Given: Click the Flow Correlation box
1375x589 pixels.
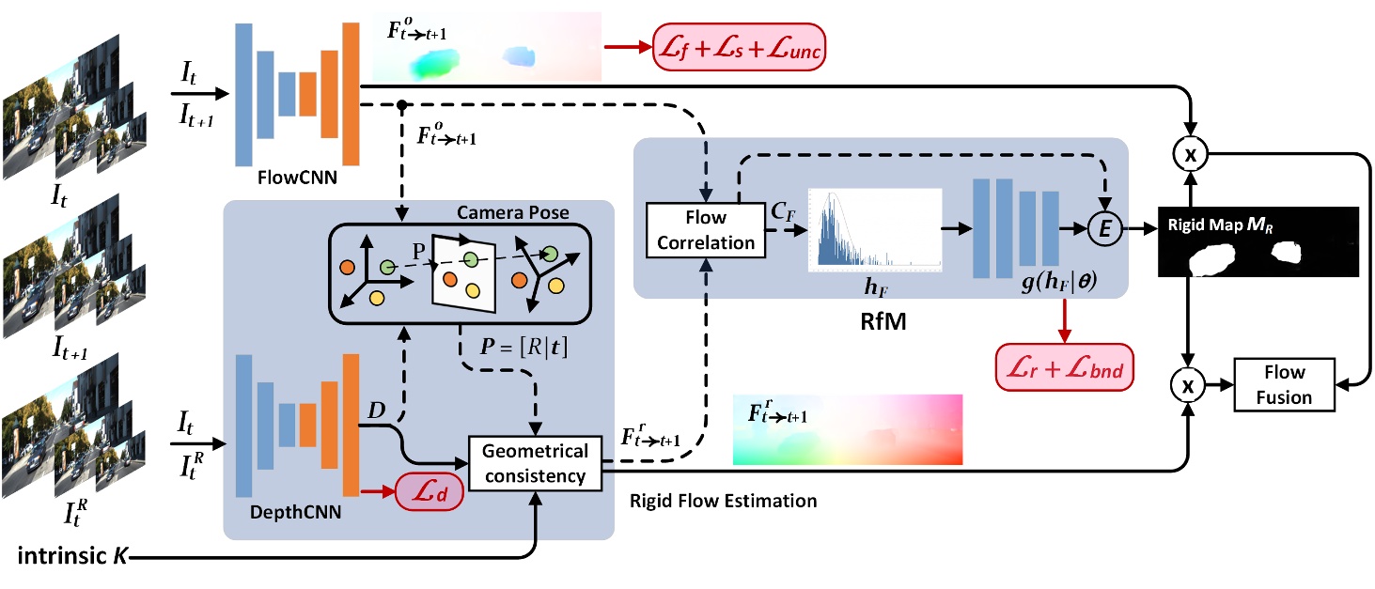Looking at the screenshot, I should pyautogui.click(x=705, y=230).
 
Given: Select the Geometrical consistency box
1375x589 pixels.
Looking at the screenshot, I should pyautogui.click(x=535, y=464).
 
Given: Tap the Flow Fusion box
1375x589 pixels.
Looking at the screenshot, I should pyautogui.click(x=1284, y=384).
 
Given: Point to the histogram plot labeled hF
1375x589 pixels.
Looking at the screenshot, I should pyautogui.click(x=874, y=231).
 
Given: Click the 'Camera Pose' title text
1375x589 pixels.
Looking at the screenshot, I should pyautogui.click(x=513, y=212).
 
